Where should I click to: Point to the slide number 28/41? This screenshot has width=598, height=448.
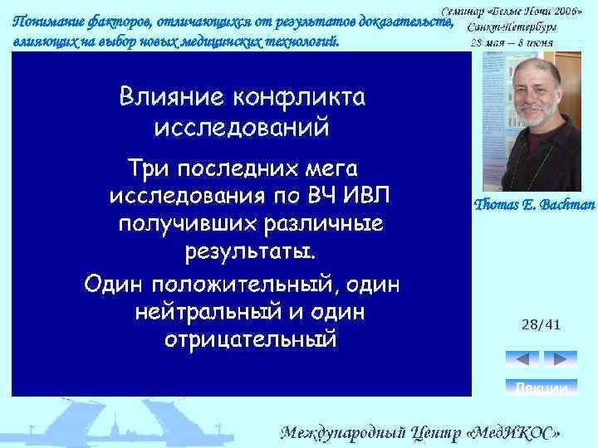click(541, 325)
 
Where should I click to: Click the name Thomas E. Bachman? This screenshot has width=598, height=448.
click(534, 205)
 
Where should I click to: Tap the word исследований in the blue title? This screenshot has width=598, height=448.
click(242, 128)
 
